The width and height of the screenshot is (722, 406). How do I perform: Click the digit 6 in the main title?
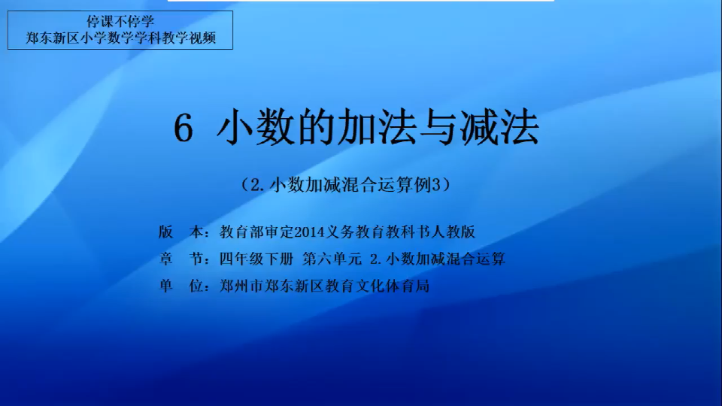click(x=183, y=129)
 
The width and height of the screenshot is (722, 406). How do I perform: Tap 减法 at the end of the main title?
click(x=499, y=128)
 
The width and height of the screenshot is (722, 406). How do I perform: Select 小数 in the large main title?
click(x=255, y=128)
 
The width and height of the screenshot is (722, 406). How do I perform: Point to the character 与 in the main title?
click(x=438, y=128)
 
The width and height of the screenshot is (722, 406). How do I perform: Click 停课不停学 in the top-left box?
click(x=120, y=22)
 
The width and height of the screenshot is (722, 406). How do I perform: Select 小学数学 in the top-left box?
click(x=107, y=38)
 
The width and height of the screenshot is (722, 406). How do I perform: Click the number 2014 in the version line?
click(x=309, y=232)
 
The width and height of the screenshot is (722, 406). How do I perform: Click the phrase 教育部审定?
click(x=256, y=232)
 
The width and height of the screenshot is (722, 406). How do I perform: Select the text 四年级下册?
click(x=256, y=259)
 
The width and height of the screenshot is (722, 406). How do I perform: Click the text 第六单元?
click(x=332, y=259)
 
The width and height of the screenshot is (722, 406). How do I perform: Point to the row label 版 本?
click(x=180, y=232)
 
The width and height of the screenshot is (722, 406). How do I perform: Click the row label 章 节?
click(x=180, y=259)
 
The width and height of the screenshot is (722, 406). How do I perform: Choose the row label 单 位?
click(x=180, y=286)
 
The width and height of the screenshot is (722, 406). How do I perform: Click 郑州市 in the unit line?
click(x=241, y=286)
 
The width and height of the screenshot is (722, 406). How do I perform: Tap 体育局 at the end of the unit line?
click(x=407, y=286)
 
